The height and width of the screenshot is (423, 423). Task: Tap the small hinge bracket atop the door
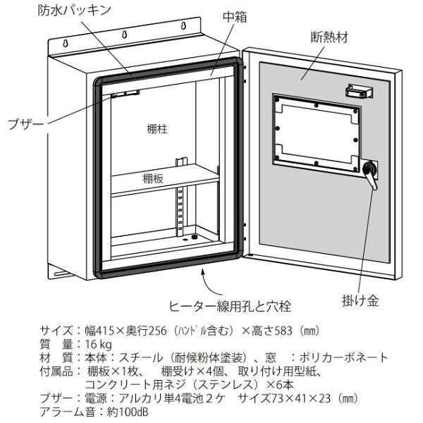click(358, 90)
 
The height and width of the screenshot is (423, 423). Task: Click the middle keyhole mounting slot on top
click(125, 33)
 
